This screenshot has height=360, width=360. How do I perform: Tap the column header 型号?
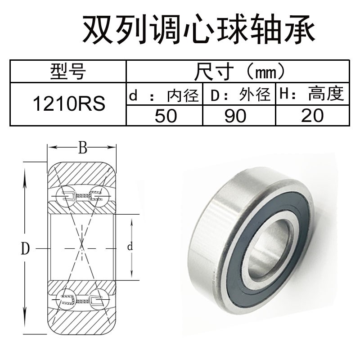(x=68, y=71)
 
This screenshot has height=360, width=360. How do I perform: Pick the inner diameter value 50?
(x=166, y=116)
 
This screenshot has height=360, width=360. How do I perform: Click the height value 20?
(x=313, y=116)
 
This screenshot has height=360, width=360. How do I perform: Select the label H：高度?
(x=312, y=94)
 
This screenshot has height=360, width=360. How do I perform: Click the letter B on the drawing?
(x=82, y=148)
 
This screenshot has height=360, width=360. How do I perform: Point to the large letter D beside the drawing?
(x=26, y=248)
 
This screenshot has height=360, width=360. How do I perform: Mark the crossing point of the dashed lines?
(x=82, y=247)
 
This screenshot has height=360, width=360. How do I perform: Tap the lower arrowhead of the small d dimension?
(x=131, y=277)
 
